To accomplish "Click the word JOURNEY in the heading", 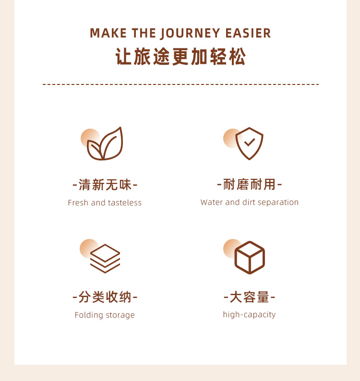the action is click(x=190, y=34).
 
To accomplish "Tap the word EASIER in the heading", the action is click(x=248, y=33).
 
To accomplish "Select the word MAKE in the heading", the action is click(x=108, y=33).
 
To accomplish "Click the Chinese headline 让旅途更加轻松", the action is click(x=180, y=57).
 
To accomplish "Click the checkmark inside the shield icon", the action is click(x=250, y=142).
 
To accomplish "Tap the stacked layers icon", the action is click(x=105, y=259).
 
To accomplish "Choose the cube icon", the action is click(x=250, y=258).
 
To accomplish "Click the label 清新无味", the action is click(x=105, y=185).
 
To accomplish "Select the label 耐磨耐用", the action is click(x=250, y=184).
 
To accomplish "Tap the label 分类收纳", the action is click(x=105, y=297).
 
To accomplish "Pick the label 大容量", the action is click(x=250, y=297).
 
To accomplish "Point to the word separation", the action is click(x=278, y=202).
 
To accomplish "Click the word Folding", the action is click(x=89, y=315).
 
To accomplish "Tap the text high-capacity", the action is click(x=250, y=314).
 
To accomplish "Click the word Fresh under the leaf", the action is click(x=78, y=202).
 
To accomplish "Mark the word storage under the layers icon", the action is click(x=120, y=315).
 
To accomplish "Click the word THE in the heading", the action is click(x=144, y=33).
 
